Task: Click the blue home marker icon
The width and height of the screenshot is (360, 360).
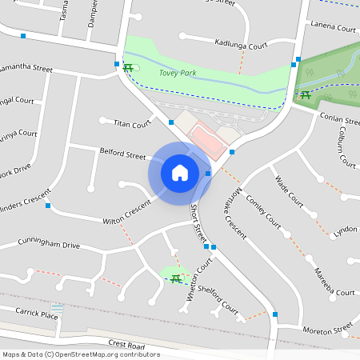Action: point(180,172)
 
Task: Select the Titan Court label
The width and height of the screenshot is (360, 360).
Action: point(132,124)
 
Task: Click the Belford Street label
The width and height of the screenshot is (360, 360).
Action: point(122,153)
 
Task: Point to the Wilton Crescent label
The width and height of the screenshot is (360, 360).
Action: point(126,212)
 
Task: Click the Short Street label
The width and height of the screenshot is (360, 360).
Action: point(198,223)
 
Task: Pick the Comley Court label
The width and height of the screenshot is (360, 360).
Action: point(264,209)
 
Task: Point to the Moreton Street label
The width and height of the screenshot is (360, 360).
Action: point(326,330)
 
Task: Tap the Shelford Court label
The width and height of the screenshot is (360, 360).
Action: point(218,298)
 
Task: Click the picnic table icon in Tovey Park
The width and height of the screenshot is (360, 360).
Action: point(128,67)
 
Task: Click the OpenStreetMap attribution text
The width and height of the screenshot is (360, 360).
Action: point(80,354)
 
